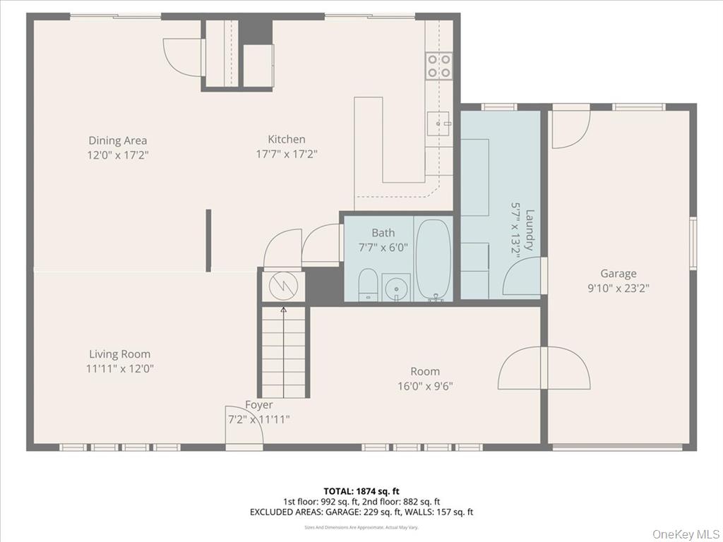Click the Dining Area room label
118,140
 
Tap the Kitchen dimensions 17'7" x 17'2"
287,154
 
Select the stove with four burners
438,66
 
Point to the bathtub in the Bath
433,260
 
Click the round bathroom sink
396,287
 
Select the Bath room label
383,233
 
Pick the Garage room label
618,274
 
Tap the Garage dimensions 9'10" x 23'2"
618,288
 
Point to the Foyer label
259,405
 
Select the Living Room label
119,354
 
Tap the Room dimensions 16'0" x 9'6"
425,386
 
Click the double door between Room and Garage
544,368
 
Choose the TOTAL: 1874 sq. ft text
361,490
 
